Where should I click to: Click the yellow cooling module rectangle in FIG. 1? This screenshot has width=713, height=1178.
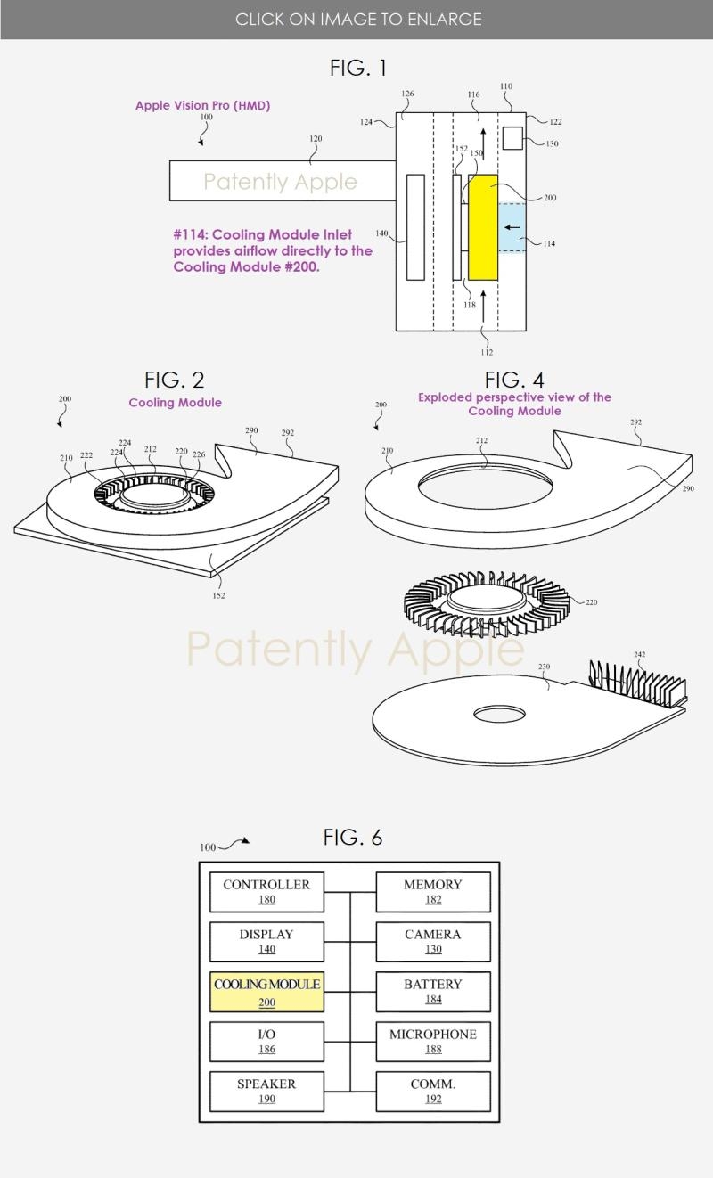[483, 227]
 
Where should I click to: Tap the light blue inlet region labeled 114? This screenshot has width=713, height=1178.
[512, 227]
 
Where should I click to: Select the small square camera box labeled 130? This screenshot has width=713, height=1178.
[512, 138]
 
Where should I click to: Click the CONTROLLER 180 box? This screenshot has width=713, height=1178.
[266, 892]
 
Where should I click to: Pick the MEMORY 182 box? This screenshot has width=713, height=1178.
[433, 892]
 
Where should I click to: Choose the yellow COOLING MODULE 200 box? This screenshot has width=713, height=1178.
[266, 992]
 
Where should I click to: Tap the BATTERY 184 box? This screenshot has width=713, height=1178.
[433, 992]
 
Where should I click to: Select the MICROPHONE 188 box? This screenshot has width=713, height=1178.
[433, 1042]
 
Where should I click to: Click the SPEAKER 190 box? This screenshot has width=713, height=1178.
[266, 1092]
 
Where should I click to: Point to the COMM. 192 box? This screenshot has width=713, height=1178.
[433, 1092]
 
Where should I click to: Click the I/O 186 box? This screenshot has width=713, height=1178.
[266, 1042]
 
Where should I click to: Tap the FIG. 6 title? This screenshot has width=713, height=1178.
[353, 838]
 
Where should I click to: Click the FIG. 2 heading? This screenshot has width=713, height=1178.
[174, 380]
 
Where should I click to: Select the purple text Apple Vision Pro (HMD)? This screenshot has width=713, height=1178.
[203, 105]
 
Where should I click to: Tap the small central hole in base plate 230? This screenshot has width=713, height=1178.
[499, 714]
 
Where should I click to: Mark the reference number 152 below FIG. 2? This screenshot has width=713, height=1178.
[218, 595]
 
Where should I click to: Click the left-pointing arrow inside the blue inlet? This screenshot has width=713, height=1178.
[512, 228]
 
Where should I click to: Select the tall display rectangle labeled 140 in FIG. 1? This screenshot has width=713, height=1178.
[415, 227]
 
